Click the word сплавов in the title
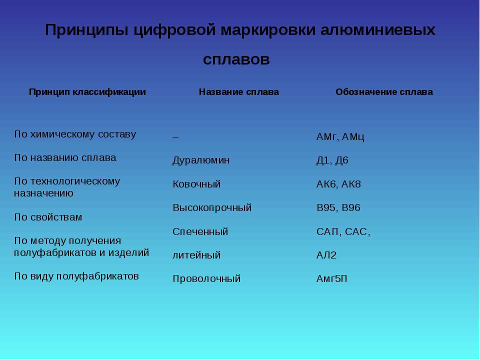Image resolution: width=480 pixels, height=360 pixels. click(x=236, y=59)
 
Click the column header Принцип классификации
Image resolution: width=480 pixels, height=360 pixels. click(x=87, y=92)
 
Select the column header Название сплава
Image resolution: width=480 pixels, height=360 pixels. click(x=239, y=92)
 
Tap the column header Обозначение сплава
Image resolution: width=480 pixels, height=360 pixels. click(x=384, y=92)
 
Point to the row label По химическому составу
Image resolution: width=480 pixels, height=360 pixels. click(x=75, y=134)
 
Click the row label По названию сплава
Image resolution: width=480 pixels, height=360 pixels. click(x=65, y=157)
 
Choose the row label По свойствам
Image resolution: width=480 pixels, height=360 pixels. click(x=48, y=217)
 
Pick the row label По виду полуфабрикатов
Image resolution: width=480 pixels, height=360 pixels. click(x=76, y=276)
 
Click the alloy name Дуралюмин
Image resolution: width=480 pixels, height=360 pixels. click(x=201, y=160)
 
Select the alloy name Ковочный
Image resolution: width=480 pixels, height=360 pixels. click(x=196, y=184)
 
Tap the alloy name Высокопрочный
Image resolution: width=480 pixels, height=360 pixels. click(x=212, y=208)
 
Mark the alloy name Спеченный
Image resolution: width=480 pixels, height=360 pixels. click(x=200, y=231)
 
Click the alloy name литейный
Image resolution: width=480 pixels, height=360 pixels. click(x=196, y=255)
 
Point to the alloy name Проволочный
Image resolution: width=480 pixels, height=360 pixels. click(x=206, y=279)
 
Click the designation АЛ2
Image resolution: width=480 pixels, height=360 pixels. click(x=326, y=255)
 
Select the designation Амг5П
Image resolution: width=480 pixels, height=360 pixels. click(x=332, y=278)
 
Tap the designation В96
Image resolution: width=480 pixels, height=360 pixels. click(x=351, y=207)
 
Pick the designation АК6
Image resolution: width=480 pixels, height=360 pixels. click(x=326, y=184)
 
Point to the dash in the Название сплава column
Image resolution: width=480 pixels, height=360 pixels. click(x=175, y=137)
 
